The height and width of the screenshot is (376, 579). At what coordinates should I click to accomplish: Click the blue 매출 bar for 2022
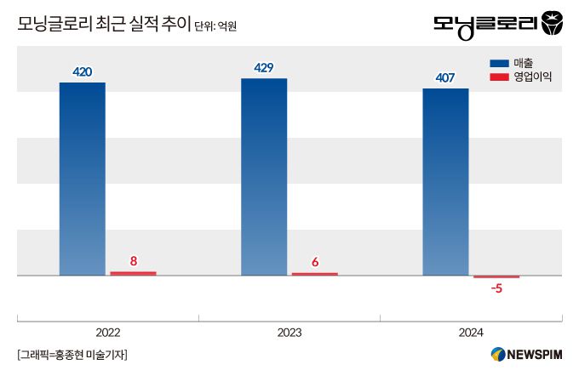click(83, 179)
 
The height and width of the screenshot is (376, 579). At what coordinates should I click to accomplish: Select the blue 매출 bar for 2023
click(264, 177)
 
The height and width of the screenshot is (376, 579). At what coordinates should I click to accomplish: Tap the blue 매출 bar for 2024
click(445, 182)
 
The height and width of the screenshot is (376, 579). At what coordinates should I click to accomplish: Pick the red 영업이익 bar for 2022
click(133, 273)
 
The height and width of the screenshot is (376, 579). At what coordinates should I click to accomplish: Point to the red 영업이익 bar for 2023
click(314, 274)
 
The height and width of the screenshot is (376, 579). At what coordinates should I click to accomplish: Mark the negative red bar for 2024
click(496, 277)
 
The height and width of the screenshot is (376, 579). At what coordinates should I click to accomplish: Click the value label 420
click(83, 72)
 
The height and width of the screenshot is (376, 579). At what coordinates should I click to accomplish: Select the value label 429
click(264, 68)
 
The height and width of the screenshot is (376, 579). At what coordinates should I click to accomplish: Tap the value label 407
click(445, 78)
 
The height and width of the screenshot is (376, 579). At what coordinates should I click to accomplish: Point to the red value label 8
click(133, 261)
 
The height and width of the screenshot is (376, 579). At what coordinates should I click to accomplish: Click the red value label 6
click(315, 262)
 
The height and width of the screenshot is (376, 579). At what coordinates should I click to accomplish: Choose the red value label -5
click(496, 288)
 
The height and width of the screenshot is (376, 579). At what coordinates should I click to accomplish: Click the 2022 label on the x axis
click(108, 332)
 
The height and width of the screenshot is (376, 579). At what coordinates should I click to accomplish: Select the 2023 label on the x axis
click(289, 332)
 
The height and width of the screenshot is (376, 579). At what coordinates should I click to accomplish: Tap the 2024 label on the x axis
click(471, 332)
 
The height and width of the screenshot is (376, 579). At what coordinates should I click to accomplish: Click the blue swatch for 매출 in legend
click(499, 63)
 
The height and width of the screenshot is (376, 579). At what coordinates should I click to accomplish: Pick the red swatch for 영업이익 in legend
click(499, 77)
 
